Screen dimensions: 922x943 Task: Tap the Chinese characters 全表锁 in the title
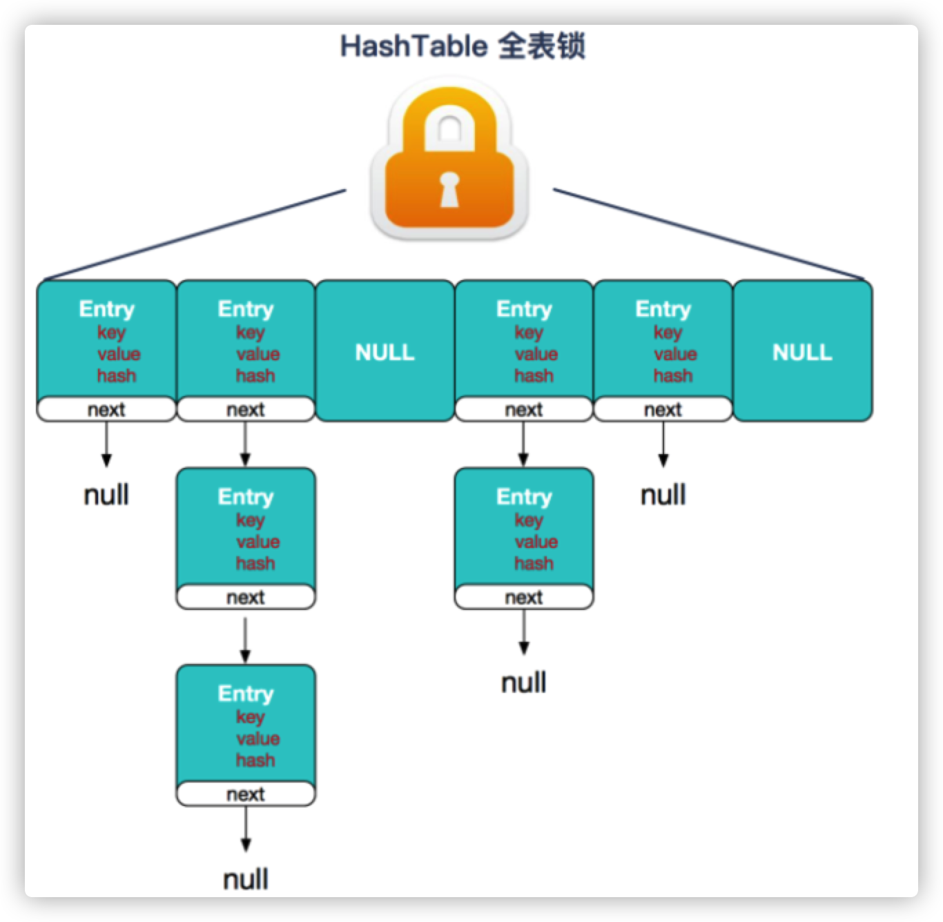[541, 46]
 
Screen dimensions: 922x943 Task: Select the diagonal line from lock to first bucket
[193, 235]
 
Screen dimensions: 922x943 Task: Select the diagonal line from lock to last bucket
[708, 235]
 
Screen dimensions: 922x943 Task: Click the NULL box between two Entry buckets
[385, 352]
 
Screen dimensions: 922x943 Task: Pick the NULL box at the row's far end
[802, 352]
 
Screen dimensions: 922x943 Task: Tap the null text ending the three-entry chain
[246, 879]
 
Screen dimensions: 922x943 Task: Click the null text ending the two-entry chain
[524, 683]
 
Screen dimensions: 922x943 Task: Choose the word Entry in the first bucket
[107, 308]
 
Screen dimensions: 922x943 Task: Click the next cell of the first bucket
[106, 409]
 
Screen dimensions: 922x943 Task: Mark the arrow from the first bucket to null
[106, 444]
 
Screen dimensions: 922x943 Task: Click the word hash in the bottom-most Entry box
[255, 760]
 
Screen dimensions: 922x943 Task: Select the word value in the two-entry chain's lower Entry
[536, 542]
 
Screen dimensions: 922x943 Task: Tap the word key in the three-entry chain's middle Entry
[250, 520]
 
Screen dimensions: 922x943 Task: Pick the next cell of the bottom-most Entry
[246, 794]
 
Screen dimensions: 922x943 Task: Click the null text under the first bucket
[106, 495]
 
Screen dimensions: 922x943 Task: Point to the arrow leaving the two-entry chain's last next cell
[524, 631]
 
